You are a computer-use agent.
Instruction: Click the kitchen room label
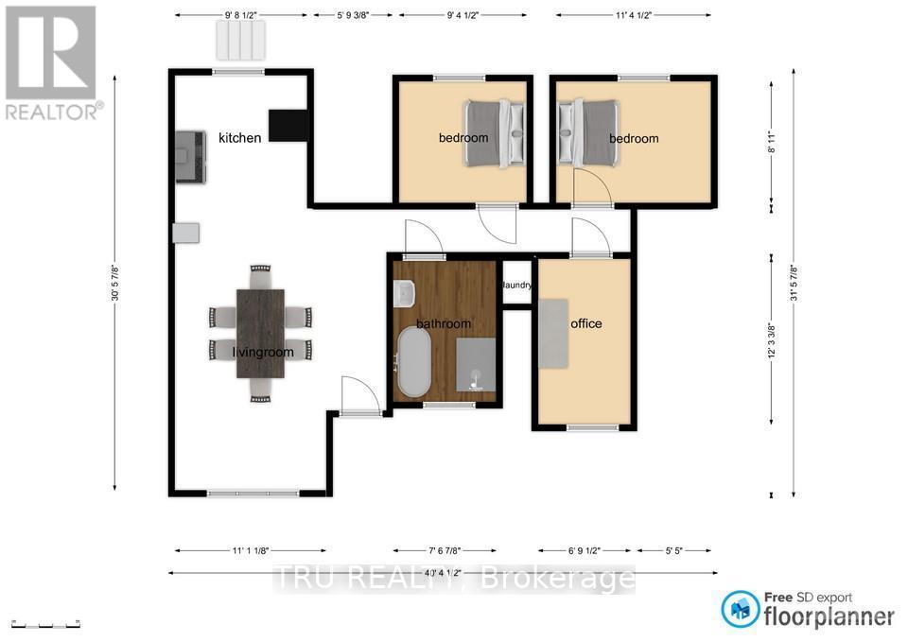pyautogui.click(x=239, y=138)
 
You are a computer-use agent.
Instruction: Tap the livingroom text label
pyautogui.click(x=263, y=353)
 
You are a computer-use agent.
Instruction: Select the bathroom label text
pyautogui.click(x=444, y=324)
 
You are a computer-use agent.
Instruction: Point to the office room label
pyautogui.click(x=586, y=323)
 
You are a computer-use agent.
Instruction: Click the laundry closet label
pyautogui.click(x=517, y=285)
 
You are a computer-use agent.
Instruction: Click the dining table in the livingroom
pyautogui.click(x=260, y=333)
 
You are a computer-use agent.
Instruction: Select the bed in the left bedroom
pyautogui.click(x=496, y=133)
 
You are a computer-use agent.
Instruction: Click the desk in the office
pyautogui.click(x=554, y=333)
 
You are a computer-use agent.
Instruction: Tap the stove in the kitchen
pyautogui.click(x=190, y=157)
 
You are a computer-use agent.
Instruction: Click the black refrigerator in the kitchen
pyautogui.click(x=288, y=125)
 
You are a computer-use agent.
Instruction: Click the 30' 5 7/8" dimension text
pyautogui.click(x=116, y=282)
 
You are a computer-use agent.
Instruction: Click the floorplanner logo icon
pyautogui.click(x=741, y=608)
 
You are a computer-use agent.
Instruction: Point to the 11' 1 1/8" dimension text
pyautogui.click(x=251, y=549)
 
